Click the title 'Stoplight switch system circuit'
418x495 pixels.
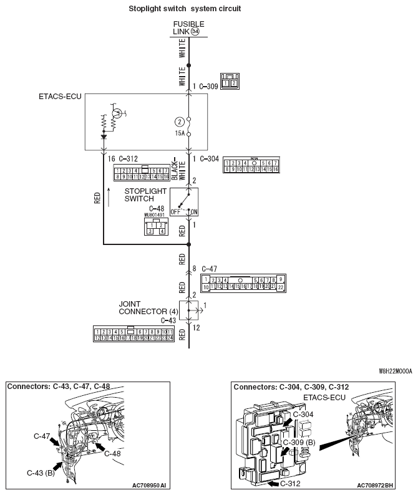(x=184, y=9)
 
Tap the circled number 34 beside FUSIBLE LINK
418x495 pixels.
(x=195, y=31)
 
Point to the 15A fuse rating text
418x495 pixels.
(x=180, y=133)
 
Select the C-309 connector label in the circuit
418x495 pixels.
(x=208, y=87)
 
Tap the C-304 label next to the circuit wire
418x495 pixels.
(x=208, y=159)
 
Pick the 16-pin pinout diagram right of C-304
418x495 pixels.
(x=251, y=165)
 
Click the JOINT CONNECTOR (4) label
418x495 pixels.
(x=148, y=307)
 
